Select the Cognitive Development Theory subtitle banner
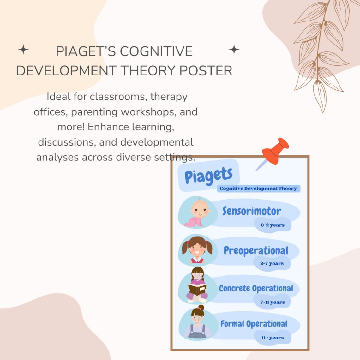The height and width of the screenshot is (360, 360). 258,189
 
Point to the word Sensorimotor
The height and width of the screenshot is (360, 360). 251,211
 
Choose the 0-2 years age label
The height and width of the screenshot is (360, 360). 273,225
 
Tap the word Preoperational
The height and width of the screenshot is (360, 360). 256,250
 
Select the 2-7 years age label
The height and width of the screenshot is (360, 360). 272,263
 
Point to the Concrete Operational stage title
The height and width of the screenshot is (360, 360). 256,288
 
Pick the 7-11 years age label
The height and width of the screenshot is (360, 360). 273,302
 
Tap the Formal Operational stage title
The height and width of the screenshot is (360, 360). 254,324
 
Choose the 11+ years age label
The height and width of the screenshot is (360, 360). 273,338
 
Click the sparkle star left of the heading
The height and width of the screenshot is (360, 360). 23,50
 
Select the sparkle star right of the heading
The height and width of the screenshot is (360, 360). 234,50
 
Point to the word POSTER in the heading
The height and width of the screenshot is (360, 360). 206,70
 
